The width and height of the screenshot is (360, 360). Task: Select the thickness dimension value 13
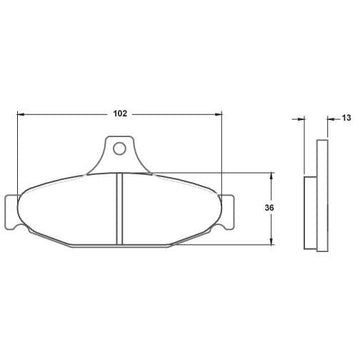tap(346, 118)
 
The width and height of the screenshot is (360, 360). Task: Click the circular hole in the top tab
tap(120, 152)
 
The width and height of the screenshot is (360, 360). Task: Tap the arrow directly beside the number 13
tap(329, 119)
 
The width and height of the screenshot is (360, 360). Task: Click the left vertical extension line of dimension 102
tap(20, 150)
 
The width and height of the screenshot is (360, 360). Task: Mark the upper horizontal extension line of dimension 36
tap(250, 173)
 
